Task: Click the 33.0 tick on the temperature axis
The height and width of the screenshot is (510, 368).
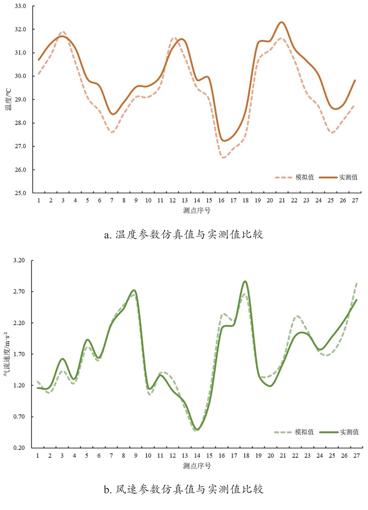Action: coord(20,6)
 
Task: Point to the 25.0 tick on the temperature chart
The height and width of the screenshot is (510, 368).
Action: coord(20,193)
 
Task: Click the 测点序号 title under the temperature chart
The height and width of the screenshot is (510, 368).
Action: coord(197,210)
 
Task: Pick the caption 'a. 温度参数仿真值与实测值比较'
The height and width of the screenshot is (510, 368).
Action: coord(184,235)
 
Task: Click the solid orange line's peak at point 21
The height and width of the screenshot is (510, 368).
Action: coord(282,22)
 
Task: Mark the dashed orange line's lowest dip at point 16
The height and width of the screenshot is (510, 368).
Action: coord(224,158)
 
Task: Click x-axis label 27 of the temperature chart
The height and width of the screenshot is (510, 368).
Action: coord(355,200)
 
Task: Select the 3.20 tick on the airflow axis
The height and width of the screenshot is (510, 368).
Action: coord(19,260)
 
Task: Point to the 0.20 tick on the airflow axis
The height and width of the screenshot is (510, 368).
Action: coord(19,448)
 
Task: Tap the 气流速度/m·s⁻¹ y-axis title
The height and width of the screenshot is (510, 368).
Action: coord(7,354)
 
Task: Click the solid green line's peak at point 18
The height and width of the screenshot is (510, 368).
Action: coord(245,281)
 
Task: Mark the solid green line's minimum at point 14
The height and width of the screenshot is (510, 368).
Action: coord(197,430)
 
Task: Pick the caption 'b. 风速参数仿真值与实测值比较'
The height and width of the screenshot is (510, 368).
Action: coord(184,489)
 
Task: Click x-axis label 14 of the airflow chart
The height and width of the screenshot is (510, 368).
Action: coord(197,456)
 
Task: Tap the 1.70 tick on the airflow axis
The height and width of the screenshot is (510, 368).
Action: coord(19,354)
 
